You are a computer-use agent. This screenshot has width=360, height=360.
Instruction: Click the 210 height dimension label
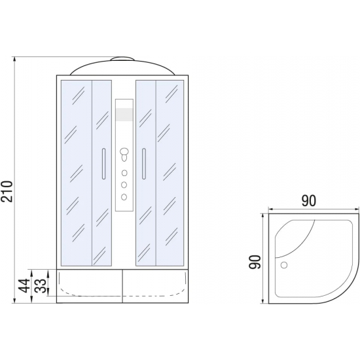point(7,192)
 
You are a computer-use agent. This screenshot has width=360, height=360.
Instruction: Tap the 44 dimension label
point(24,285)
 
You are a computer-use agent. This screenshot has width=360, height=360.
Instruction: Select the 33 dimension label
point(41,285)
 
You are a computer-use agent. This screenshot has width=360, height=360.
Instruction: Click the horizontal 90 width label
point(308,201)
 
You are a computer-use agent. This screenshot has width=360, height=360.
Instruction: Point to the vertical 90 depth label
point(255,262)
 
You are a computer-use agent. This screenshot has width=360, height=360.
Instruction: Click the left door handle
point(104,164)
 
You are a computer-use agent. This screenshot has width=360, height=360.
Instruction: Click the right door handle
point(144,164)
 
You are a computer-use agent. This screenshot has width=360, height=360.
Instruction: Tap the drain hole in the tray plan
point(284,265)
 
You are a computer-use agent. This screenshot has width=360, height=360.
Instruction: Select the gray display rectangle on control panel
point(124,115)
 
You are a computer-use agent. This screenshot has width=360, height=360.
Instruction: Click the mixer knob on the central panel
point(124,154)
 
